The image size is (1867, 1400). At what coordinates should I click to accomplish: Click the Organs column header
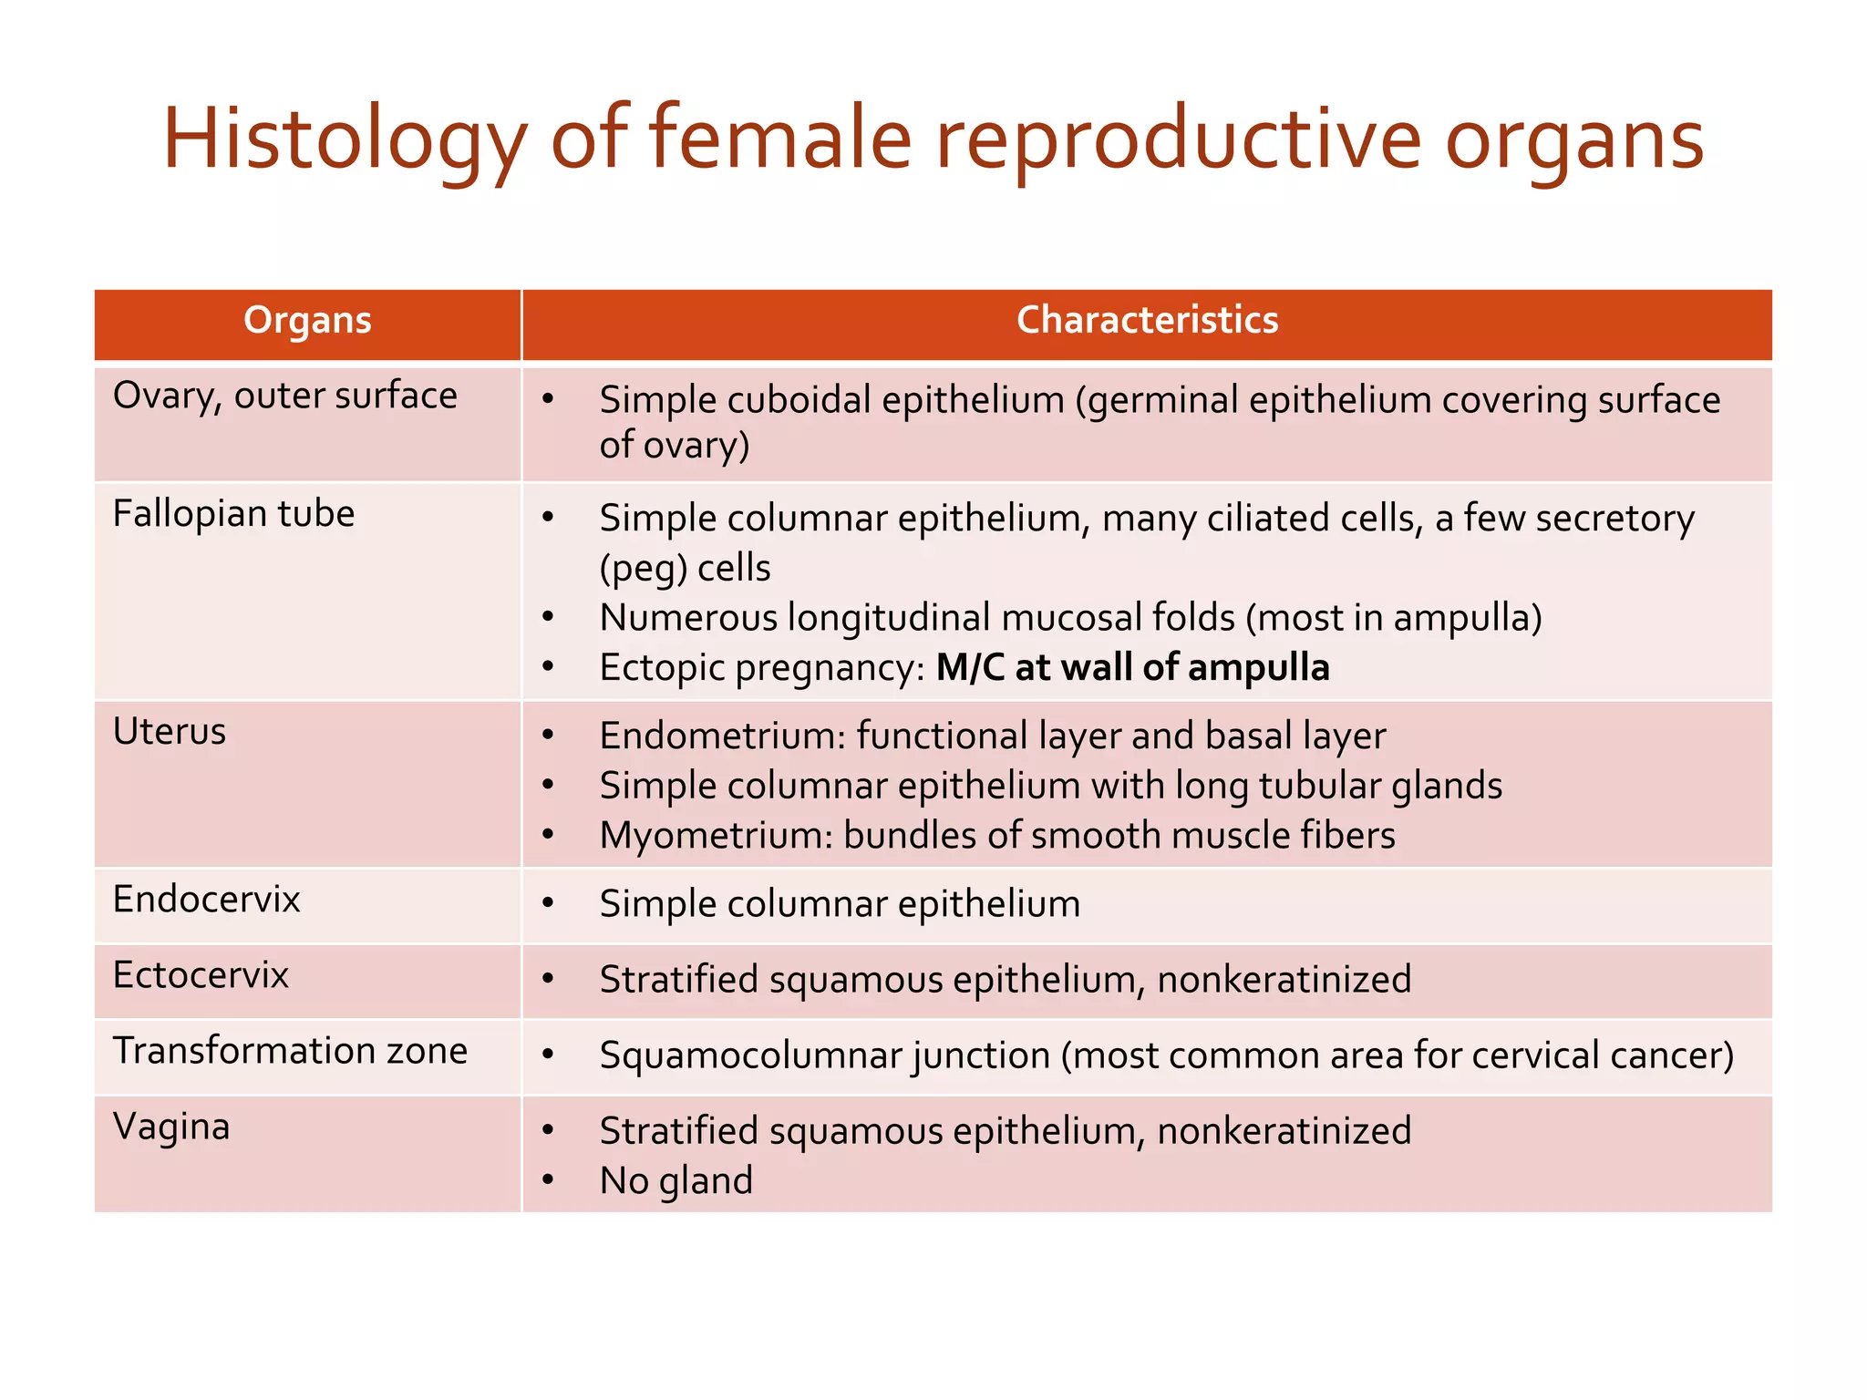tap(307, 321)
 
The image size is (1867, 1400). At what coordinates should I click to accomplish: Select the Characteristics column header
tap(1147, 321)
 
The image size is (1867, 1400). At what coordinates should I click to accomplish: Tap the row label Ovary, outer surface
tap(284, 396)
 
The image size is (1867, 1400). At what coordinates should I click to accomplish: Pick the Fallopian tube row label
tap(233, 514)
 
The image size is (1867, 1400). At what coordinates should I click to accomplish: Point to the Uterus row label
tap(170, 732)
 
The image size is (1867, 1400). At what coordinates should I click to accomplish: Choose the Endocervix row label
tap(206, 900)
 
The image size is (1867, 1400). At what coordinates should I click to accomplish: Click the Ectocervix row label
tap(201, 975)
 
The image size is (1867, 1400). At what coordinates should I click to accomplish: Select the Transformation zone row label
tap(290, 1051)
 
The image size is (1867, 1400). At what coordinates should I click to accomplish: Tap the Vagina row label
tap(171, 1127)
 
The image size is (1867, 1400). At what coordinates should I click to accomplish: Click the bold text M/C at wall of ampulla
tap(1132, 668)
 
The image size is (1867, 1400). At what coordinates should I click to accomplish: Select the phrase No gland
tap(676, 1181)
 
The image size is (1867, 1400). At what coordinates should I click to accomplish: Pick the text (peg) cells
tap(685, 569)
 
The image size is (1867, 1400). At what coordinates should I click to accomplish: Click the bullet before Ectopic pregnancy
tap(548, 668)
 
